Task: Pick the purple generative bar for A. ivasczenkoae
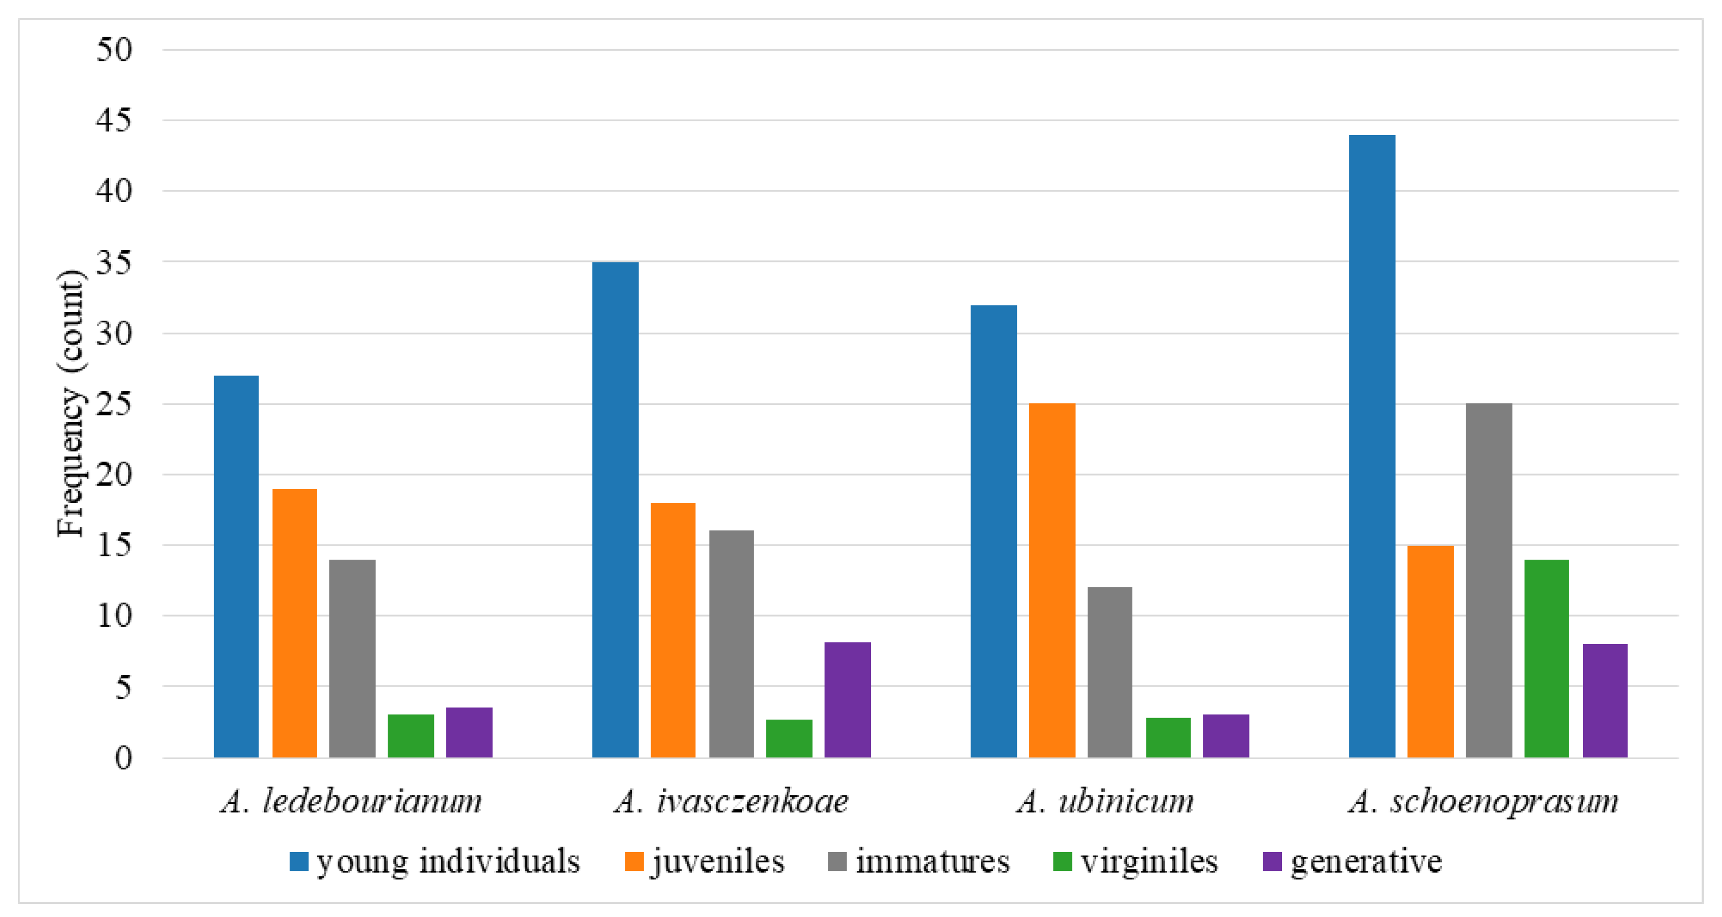tap(847, 700)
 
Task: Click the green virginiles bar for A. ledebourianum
tap(411, 736)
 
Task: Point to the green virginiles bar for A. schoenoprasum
tap(1546, 658)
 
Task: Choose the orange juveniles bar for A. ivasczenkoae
tap(672, 630)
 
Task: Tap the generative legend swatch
tap(1272, 862)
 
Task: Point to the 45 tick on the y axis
tap(114, 121)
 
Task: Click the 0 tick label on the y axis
tap(123, 759)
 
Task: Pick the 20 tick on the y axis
tap(114, 475)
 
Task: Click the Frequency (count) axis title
tap(70, 404)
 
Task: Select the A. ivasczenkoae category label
tap(731, 801)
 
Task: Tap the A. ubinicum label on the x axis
tap(1105, 801)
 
